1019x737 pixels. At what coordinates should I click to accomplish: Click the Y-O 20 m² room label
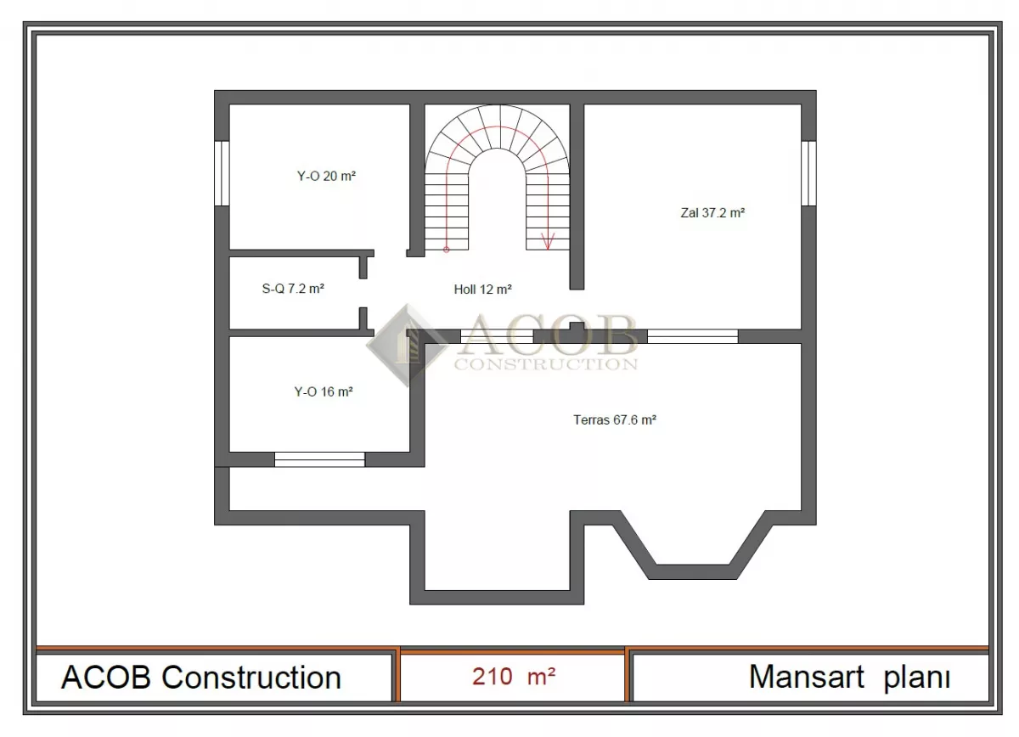coord(326,176)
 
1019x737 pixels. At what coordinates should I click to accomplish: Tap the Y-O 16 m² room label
coord(324,391)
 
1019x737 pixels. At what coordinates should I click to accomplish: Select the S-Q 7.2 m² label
coord(293,289)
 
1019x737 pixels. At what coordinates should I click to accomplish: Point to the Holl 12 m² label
coord(482,290)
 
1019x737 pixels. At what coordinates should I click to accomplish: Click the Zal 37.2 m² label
coord(712,213)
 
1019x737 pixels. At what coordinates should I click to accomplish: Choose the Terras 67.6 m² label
coord(615,419)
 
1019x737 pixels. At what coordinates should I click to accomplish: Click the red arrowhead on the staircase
coord(548,240)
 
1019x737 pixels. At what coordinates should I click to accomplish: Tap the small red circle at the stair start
coord(447,250)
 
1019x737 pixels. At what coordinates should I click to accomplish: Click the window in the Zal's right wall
coord(808,173)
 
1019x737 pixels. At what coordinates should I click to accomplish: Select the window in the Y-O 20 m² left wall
coord(222,173)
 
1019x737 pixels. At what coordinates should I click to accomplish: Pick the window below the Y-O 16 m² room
coord(319,459)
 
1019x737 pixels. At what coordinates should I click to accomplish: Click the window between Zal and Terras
coord(692,336)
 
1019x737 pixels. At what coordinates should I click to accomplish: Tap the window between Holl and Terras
coord(496,336)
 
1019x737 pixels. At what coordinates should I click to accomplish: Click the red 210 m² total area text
coord(514,677)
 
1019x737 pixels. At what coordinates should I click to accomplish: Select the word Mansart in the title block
coord(806,677)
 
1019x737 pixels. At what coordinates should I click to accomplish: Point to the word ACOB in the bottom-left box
coord(105,677)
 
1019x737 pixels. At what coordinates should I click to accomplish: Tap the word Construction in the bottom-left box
coord(251,677)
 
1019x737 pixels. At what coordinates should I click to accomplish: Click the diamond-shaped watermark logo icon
coord(406,346)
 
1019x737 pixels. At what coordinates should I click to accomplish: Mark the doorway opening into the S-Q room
coord(363,293)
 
